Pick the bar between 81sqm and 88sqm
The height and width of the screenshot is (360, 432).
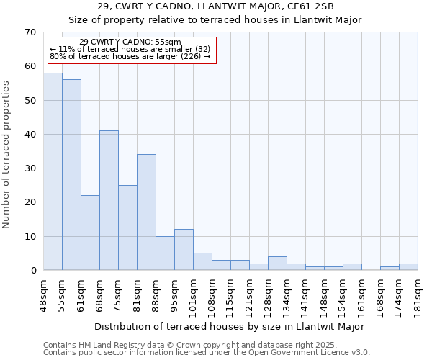point(146,212)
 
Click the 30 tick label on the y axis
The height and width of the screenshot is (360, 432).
point(30,168)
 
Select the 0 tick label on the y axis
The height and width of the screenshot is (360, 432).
point(33,271)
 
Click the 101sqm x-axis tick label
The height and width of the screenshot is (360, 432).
point(193,293)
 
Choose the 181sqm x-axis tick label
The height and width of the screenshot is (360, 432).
point(418,293)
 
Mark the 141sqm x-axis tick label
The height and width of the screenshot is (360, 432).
point(305,293)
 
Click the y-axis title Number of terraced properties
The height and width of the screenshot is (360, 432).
point(6,155)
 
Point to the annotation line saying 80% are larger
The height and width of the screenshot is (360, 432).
point(130,56)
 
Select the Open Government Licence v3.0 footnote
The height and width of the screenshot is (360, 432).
point(207,353)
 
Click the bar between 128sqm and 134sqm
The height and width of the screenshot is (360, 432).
point(277,264)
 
